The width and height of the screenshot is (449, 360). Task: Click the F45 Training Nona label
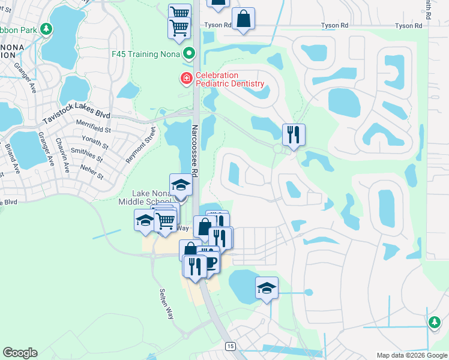[146, 54]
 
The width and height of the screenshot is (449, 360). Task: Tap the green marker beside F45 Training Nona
[190, 54]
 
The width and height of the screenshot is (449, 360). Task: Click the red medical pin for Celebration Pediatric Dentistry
[186, 79]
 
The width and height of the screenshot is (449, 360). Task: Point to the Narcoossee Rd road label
[194, 150]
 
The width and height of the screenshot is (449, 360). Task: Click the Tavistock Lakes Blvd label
[77, 115]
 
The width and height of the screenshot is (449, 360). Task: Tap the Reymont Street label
[140, 145]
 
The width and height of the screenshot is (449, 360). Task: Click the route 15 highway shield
[230, 346]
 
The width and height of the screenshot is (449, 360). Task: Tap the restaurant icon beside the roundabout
[294, 134]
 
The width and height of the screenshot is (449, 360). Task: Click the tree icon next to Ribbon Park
[46, 29]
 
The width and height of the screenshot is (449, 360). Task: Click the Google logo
[20, 353]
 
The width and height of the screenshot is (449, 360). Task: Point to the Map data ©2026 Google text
[411, 355]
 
